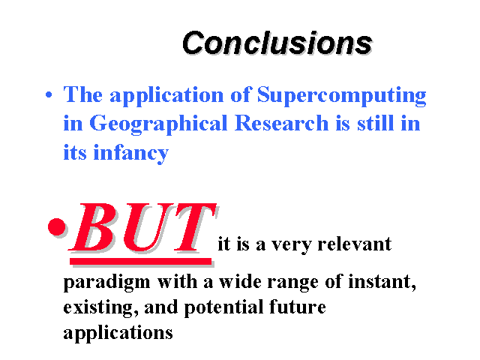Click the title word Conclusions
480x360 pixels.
(x=277, y=43)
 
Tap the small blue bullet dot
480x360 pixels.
(x=49, y=94)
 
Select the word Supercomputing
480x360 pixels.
(x=342, y=95)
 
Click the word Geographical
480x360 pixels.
(x=158, y=124)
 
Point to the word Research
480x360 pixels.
(x=282, y=123)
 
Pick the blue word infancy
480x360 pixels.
(x=131, y=153)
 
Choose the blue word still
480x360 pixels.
(x=376, y=123)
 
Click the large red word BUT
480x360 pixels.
(x=142, y=228)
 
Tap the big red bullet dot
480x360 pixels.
(x=57, y=226)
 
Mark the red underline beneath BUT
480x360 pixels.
(x=141, y=261)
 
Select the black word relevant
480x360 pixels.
(x=355, y=244)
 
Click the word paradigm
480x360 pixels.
(x=106, y=282)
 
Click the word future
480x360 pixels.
(x=298, y=307)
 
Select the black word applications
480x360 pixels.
(x=118, y=333)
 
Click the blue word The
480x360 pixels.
(x=83, y=94)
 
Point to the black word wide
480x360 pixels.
(x=240, y=282)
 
